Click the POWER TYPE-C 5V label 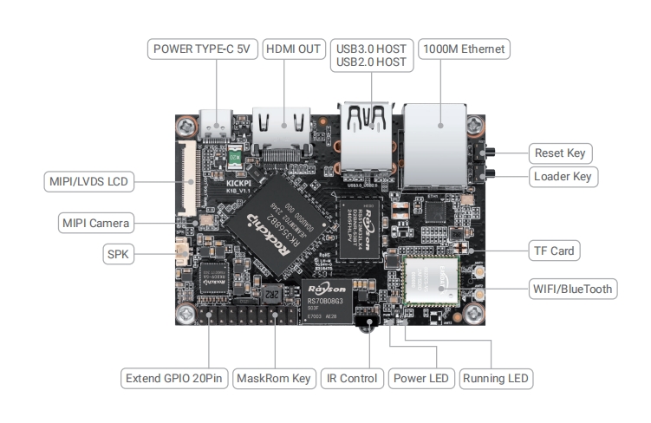pos(201,49)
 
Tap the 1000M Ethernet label pos(463,49)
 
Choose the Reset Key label pos(559,154)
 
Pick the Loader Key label pos(563,177)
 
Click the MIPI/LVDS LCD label pos(89,183)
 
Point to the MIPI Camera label pos(97,224)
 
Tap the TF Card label pos(552,251)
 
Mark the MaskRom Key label pos(275,379)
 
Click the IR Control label pos(351,379)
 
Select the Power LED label pos(421,379)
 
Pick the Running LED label pos(496,379)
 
